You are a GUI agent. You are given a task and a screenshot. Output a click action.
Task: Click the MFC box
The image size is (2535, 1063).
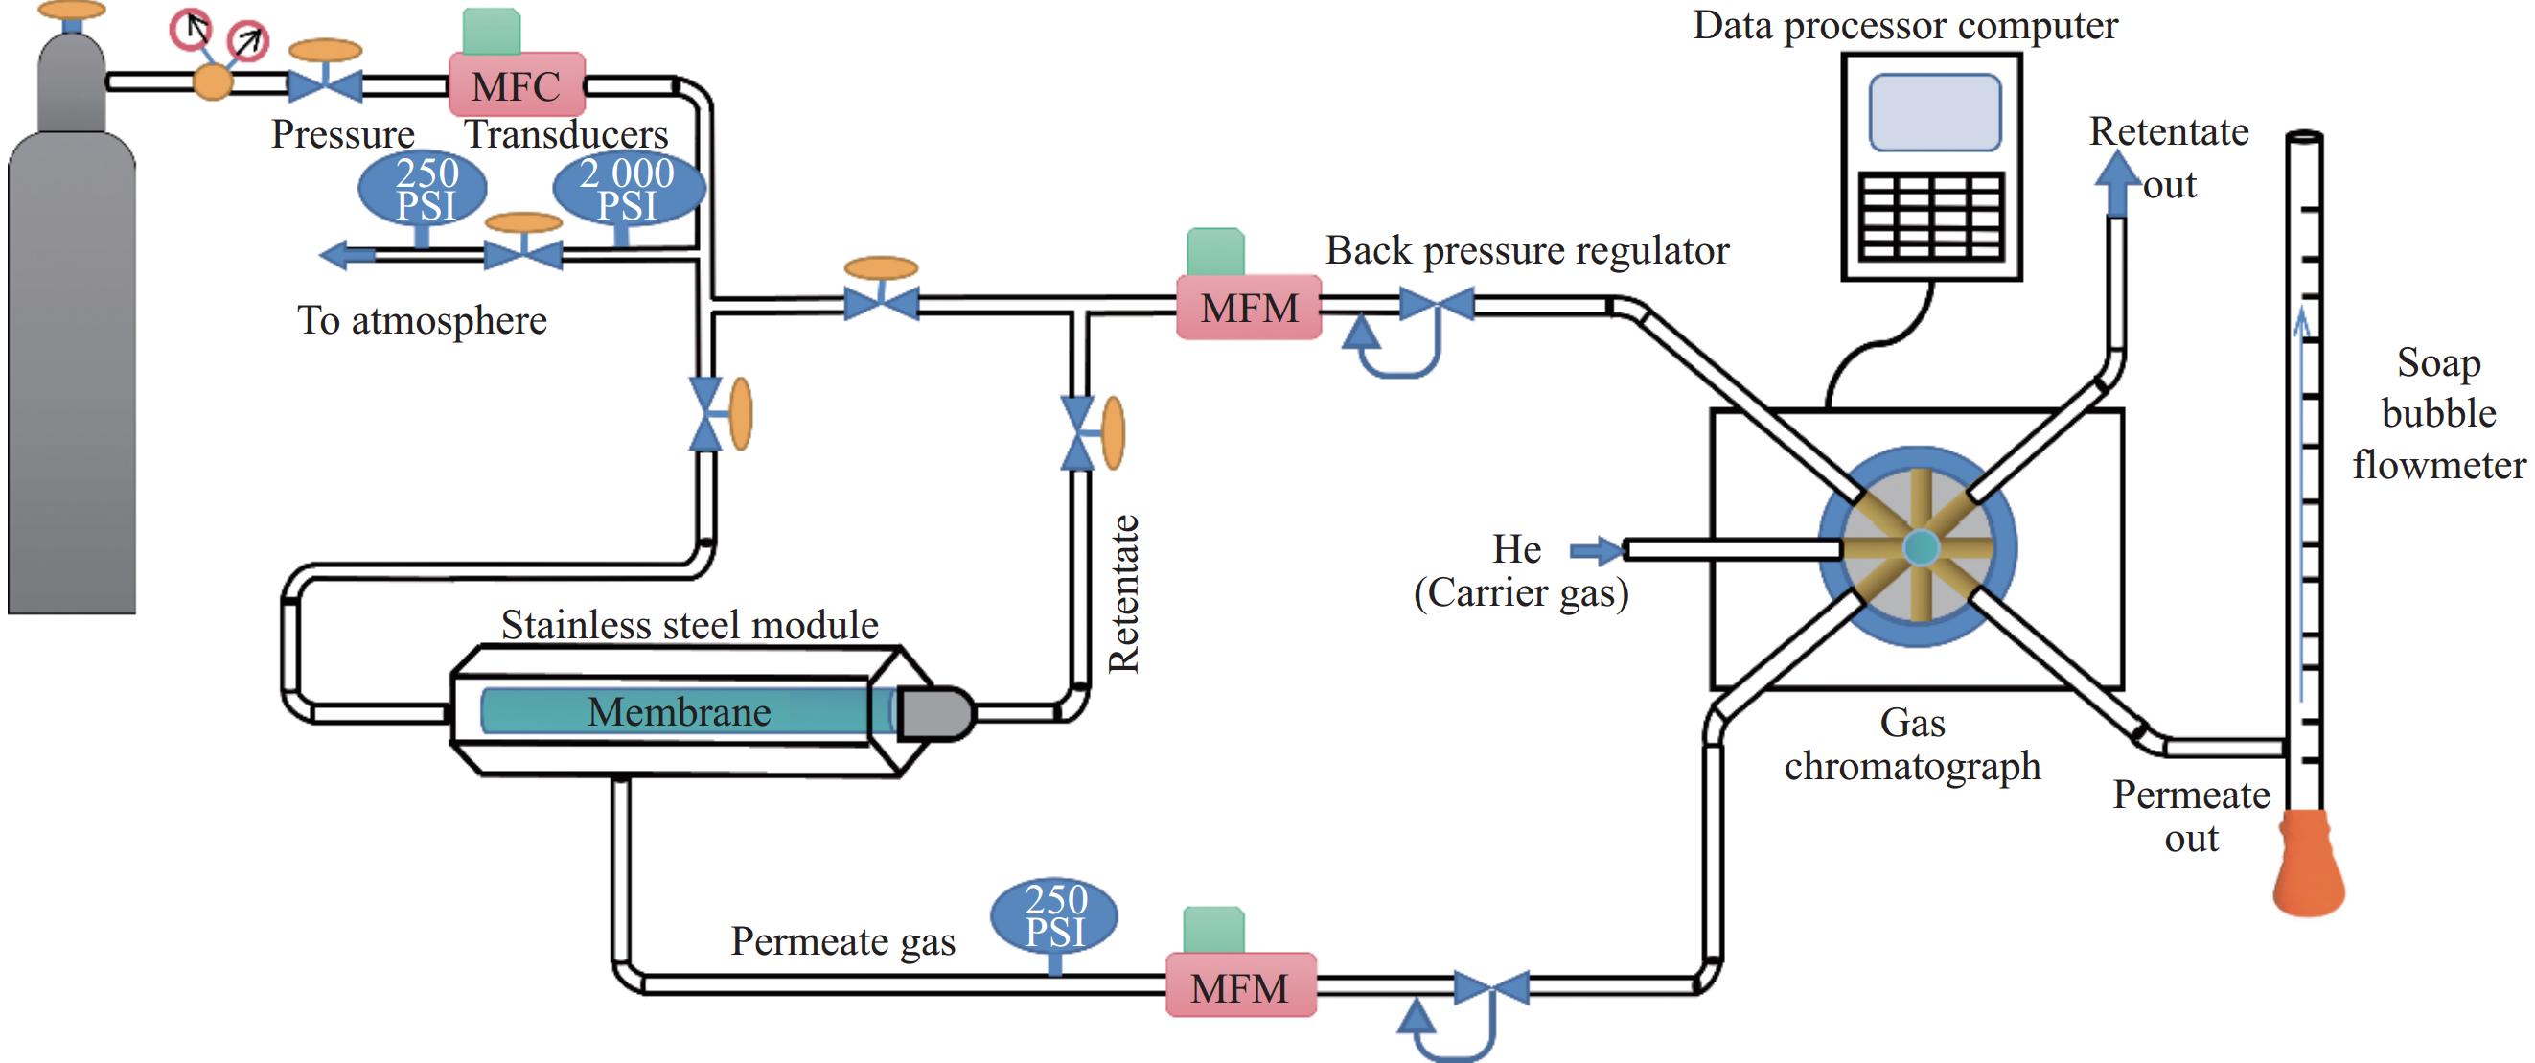tap(517, 85)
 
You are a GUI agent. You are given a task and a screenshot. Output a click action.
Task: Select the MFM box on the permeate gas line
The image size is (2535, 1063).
tap(1240, 986)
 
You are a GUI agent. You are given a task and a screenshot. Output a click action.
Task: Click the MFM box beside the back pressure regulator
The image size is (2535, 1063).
tap(1249, 308)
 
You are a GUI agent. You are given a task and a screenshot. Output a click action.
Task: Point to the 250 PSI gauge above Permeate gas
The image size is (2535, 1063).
tap(1055, 914)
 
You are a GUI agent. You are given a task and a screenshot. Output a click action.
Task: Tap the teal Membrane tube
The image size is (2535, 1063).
tap(679, 711)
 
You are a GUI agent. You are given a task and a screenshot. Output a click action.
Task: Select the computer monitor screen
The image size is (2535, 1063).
tap(1935, 113)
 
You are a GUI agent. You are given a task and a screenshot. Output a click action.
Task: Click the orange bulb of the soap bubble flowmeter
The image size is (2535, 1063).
tap(2308, 864)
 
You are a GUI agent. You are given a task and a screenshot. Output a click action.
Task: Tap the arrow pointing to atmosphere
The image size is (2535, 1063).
tap(347, 256)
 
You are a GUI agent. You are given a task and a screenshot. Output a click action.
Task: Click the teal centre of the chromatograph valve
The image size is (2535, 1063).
tap(1920, 547)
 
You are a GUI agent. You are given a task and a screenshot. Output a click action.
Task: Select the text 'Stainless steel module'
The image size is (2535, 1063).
tap(689, 625)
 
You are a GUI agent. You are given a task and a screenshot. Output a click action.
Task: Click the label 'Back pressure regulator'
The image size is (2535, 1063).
tap(1527, 251)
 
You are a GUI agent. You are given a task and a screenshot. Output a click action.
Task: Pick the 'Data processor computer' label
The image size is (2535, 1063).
tap(1905, 26)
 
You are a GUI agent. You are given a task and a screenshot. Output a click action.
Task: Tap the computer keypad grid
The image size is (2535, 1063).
tap(1932, 217)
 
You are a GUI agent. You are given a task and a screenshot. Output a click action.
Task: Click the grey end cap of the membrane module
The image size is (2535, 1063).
tap(934, 712)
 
